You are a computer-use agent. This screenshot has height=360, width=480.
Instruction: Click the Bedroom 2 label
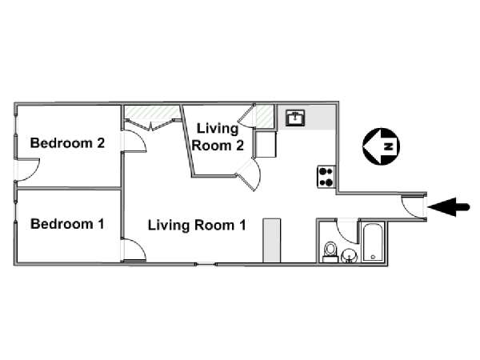point(67,143)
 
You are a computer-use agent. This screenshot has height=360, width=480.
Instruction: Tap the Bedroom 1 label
point(67,224)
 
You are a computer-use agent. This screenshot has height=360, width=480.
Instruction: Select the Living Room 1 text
point(197,226)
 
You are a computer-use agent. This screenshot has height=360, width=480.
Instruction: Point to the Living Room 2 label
point(218,137)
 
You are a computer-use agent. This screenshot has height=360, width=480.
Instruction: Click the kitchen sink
point(295,118)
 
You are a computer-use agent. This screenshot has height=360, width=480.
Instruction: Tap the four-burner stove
point(326,177)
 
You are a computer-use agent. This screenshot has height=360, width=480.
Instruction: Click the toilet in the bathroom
point(330,252)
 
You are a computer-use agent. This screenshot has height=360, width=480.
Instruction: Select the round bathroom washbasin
point(349,255)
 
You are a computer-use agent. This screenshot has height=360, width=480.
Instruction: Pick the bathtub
point(373,242)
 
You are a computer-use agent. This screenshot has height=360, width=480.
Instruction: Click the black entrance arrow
point(449,207)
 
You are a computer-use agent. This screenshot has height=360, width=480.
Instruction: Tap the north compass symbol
point(381,146)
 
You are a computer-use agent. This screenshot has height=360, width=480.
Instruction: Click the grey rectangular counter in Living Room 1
point(272,240)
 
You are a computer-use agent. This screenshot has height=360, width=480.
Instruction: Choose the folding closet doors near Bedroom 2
point(151,124)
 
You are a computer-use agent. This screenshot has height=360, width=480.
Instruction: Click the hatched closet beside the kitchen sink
point(265,117)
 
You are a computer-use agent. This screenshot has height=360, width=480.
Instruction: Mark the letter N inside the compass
point(389,146)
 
